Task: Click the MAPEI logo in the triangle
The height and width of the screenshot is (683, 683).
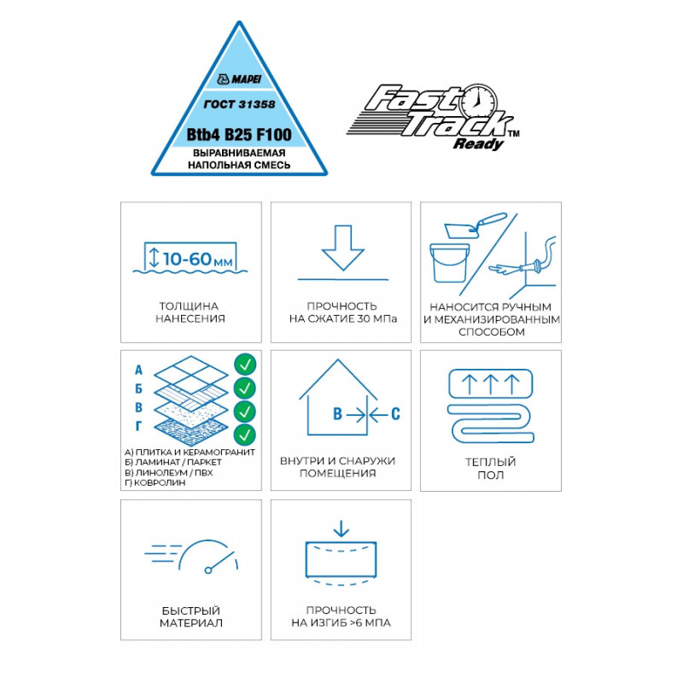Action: pos(239,79)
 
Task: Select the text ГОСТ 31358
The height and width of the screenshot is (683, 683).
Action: pos(240,104)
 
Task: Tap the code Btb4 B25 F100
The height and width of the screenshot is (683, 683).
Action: pos(239,135)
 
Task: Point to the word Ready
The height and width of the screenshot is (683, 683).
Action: pos(478,143)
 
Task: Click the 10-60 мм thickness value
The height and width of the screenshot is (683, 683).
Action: pos(198,260)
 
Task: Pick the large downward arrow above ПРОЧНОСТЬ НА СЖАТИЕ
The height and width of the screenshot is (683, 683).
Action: pos(343,248)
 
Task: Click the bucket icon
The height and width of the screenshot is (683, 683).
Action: pos(450,263)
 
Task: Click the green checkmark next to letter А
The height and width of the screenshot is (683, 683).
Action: pos(245,365)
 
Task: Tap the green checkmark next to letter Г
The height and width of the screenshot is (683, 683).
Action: pos(245,435)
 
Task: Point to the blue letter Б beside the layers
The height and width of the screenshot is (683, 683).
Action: pos(138,388)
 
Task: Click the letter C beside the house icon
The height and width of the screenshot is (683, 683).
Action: pos(395,414)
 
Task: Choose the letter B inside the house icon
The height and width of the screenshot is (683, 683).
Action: pos(337,414)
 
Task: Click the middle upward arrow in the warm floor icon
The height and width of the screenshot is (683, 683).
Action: pos(491,384)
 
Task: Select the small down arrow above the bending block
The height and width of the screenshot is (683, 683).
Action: pos(341,528)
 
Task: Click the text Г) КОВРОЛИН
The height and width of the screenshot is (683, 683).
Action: pos(155,482)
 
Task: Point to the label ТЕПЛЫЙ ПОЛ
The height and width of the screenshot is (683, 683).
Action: pos(490,468)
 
